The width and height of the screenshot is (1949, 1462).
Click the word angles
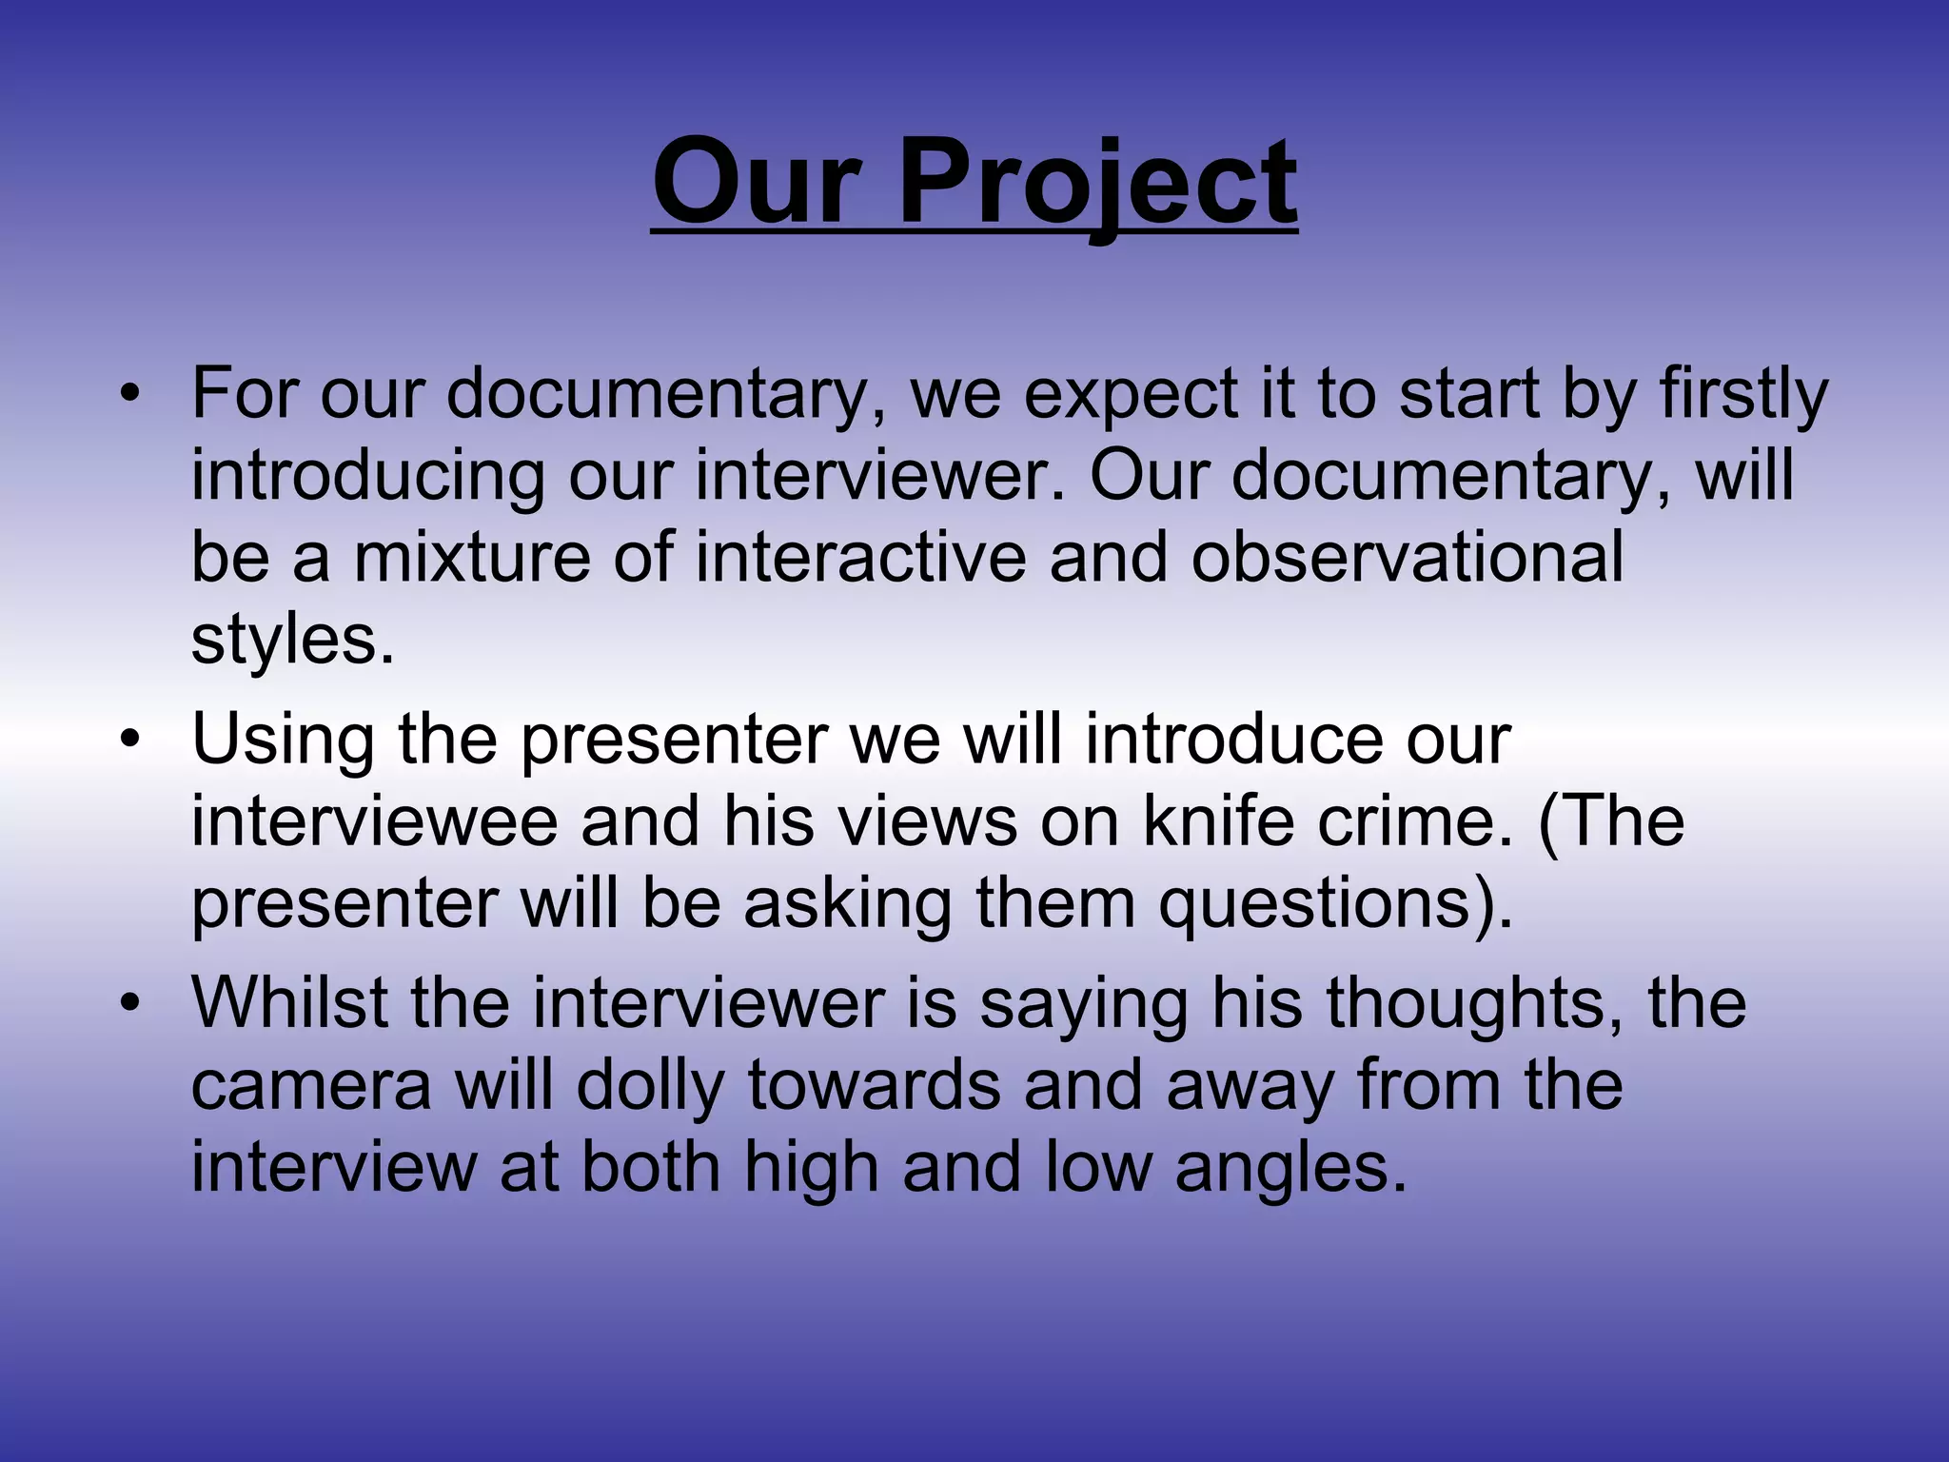(1290, 1167)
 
